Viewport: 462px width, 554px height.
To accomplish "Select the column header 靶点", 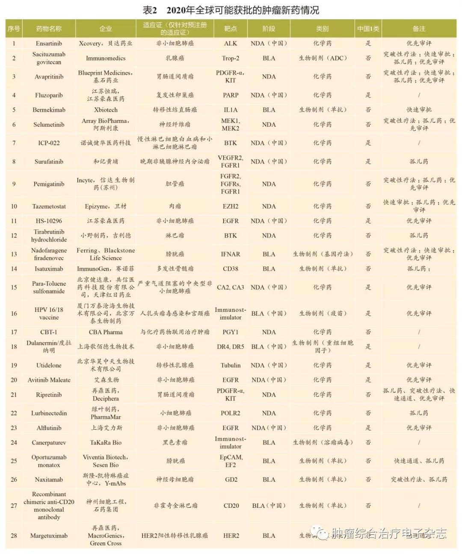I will coord(230,29).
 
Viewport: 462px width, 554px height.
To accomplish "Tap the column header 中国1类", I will coord(368,29).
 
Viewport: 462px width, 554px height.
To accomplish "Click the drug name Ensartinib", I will coord(49,43).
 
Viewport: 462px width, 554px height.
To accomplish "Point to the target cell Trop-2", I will coord(230,58).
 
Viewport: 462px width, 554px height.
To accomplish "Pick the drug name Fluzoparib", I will coord(49,95).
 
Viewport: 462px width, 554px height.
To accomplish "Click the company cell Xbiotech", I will coord(106,110).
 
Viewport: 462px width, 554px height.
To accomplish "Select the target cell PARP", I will coord(230,95).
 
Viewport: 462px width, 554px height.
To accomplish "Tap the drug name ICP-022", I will coord(49,143).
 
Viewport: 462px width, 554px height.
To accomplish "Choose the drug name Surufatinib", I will coord(49,162).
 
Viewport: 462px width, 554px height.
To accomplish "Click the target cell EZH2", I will coord(230,206).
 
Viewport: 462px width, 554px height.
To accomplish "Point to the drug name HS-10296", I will coord(49,221).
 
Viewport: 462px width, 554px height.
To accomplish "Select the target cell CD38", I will coord(230,269).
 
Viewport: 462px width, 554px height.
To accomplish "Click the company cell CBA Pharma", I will coord(106,332).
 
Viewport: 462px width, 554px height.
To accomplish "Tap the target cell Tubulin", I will coord(230,365).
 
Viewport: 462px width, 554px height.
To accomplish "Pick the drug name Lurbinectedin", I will coord(49,413).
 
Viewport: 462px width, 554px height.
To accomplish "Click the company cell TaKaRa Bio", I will coord(106,443).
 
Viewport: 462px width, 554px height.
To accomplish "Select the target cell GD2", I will coord(231,480).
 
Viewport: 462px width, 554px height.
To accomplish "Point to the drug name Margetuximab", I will coord(49,536).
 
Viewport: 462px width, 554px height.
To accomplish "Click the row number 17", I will coord(14,332).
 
